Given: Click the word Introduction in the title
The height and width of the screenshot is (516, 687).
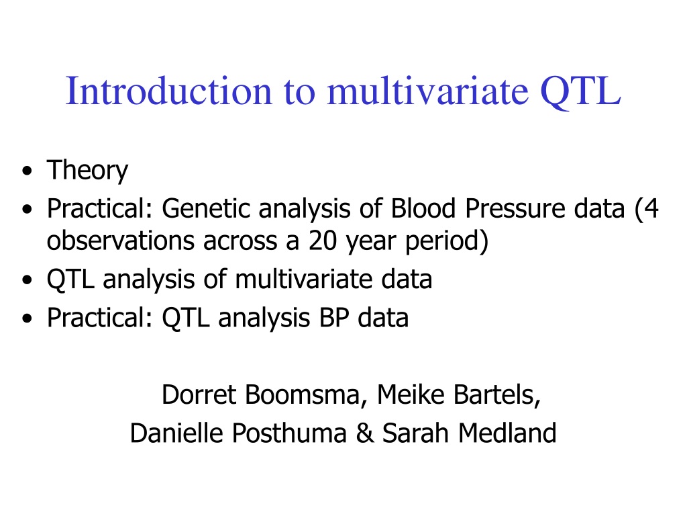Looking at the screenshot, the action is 168,91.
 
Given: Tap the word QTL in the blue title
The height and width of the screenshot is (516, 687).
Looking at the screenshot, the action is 580,92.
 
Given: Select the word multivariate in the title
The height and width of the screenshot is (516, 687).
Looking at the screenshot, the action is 427,91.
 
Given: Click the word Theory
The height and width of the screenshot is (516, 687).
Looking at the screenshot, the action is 87,170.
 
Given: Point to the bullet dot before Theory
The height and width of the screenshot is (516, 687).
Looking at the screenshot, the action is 27,171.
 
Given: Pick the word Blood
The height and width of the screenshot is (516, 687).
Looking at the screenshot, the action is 423,208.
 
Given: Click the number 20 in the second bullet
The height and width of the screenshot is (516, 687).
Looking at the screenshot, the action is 323,241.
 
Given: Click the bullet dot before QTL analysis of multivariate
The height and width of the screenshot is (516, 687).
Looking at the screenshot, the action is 27,280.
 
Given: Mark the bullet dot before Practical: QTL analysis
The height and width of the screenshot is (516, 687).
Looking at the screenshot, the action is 27,318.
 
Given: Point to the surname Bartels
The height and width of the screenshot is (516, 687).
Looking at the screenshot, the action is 497,395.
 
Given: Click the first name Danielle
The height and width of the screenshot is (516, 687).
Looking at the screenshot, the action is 176,433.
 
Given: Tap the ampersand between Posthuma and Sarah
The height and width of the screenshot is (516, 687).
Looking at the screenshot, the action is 364,433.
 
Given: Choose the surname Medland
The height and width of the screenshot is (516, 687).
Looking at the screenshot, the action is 507,433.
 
